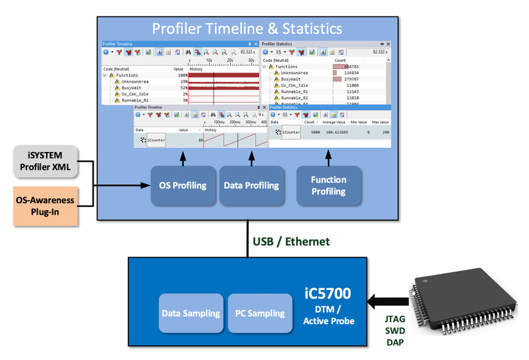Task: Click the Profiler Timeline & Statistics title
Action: (247, 29)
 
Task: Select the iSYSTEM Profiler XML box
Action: (46, 161)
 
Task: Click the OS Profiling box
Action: (182, 185)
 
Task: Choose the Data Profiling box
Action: (251, 185)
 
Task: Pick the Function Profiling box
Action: (328, 185)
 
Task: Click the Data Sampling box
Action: (190, 313)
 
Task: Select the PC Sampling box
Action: (260, 313)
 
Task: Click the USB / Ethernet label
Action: (291, 241)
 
